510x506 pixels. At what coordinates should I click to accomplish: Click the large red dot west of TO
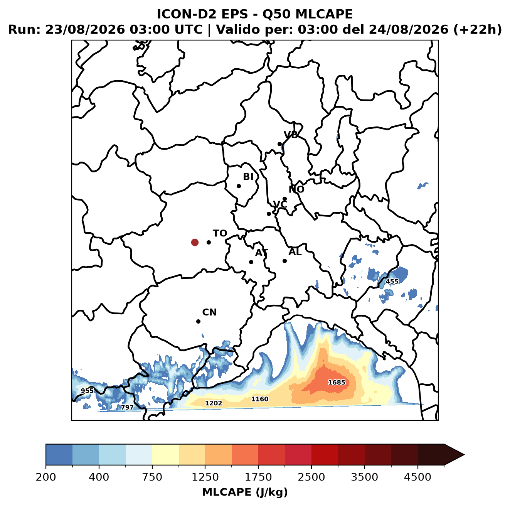tap(195, 242)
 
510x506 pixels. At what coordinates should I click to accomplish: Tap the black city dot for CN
tap(198, 321)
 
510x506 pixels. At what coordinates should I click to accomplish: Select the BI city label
tap(248, 177)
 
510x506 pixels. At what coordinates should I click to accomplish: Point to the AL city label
tap(295, 252)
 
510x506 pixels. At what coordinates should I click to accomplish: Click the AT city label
tap(261, 253)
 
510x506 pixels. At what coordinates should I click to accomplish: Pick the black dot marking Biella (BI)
tap(239, 186)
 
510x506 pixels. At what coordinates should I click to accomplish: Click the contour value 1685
tap(337, 382)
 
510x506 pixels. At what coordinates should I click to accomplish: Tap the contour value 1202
tap(214, 403)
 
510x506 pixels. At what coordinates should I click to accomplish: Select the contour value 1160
tap(260, 399)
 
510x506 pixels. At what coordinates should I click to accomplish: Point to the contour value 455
tap(392, 282)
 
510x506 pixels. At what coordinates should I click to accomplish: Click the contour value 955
tap(88, 391)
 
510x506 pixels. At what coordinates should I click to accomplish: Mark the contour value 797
tap(127, 407)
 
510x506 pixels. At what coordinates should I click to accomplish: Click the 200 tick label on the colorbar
tap(46, 477)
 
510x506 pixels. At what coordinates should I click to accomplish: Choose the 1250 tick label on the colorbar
tap(205, 477)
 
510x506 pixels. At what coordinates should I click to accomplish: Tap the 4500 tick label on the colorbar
tap(417, 477)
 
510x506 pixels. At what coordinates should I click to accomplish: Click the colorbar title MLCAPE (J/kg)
tap(245, 492)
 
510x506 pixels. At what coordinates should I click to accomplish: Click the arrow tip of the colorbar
tap(464, 455)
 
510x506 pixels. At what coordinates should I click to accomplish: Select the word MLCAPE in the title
tap(324, 14)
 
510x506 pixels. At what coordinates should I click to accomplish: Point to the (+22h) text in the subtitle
tap(478, 30)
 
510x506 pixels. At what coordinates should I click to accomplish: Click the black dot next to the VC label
tap(269, 214)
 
